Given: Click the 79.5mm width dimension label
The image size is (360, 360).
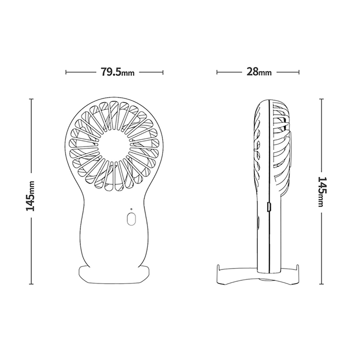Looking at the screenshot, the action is tap(117, 72).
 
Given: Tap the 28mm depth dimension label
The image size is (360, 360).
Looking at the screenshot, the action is tap(259, 72).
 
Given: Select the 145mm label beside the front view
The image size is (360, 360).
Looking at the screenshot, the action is tap(31, 196).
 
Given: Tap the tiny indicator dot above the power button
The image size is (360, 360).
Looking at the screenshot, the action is tap(131, 209).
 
